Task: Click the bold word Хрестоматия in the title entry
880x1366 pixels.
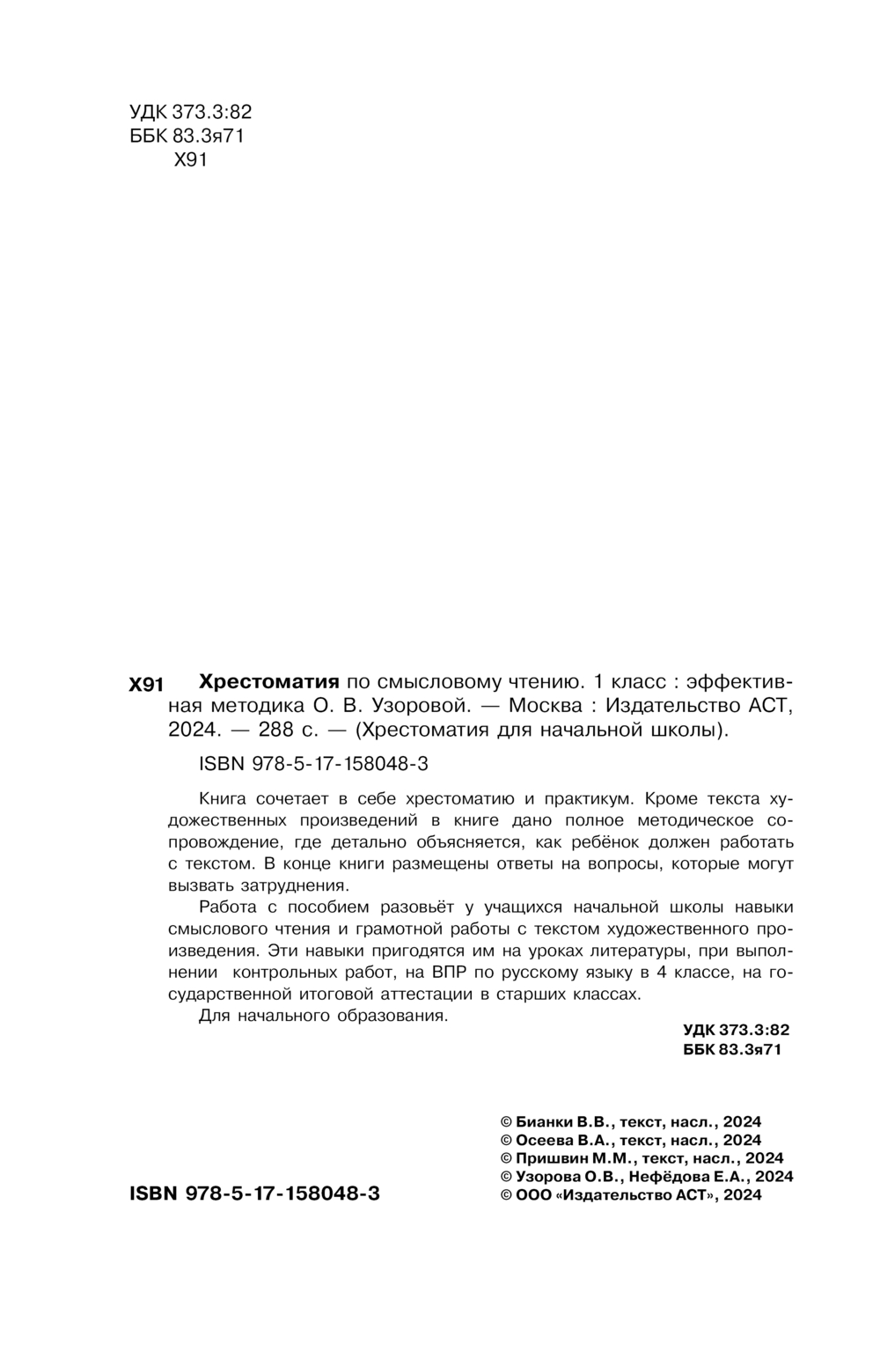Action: coord(269,681)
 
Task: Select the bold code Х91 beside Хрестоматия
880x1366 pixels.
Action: coord(146,684)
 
